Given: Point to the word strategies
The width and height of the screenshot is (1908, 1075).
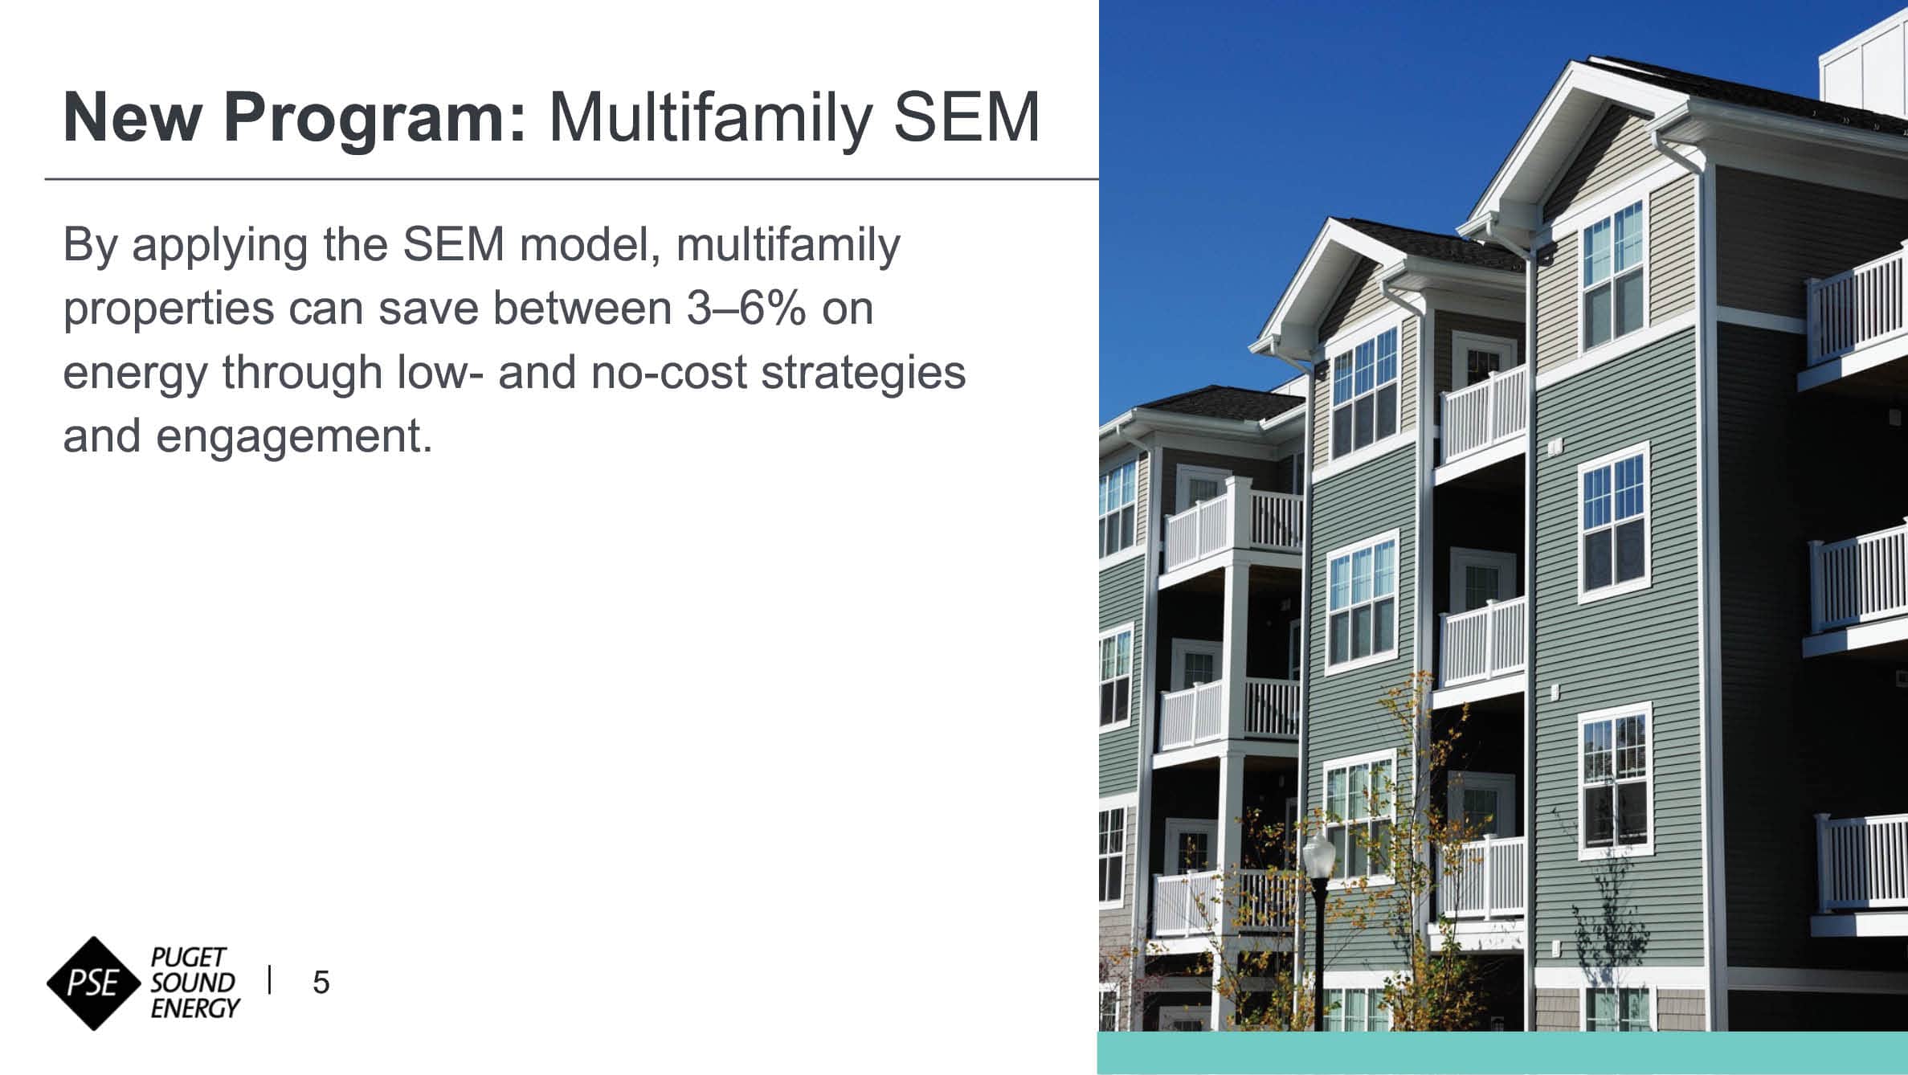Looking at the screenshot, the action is pyautogui.click(x=864, y=372).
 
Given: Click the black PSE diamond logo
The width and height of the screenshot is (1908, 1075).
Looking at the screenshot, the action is pyautogui.click(x=95, y=983).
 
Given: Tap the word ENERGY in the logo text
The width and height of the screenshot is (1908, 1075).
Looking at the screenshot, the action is pyautogui.click(x=195, y=1008).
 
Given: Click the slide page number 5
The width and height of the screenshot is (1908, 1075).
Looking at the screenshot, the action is pyautogui.click(x=321, y=983).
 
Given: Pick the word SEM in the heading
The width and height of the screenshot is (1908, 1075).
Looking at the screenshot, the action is pyautogui.click(x=966, y=118).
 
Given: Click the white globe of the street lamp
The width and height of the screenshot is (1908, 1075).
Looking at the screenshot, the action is pyautogui.click(x=1318, y=855).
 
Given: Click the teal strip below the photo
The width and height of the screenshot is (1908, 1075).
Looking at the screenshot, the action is pyautogui.click(x=1502, y=1053).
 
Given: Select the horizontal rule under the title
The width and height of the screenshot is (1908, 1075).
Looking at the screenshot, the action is pyautogui.click(x=572, y=179).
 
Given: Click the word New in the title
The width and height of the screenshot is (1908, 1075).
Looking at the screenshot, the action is pyautogui.click(x=132, y=118).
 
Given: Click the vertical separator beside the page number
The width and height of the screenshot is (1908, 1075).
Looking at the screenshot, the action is pyautogui.click(x=270, y=980).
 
